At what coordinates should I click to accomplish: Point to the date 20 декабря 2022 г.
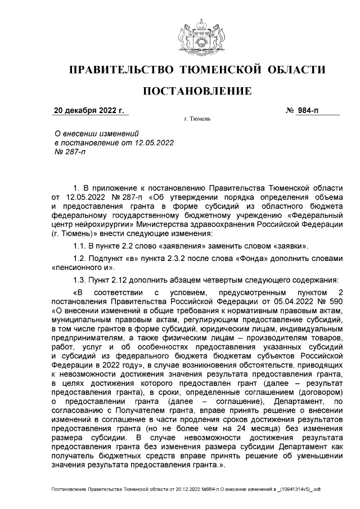pyautogui.click(x=89, y=110)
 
